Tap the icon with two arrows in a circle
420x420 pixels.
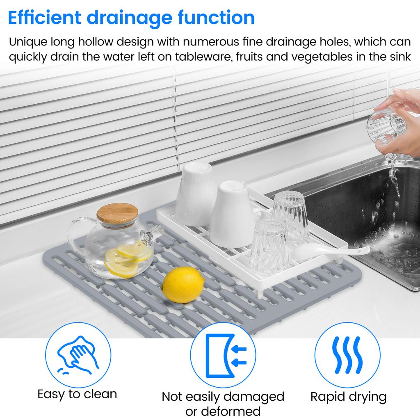(x=223, y=356)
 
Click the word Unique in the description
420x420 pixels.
(x=28, y=42)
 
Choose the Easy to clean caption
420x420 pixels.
(x=77, y=394)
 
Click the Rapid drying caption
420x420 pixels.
(x=348, y=397)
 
